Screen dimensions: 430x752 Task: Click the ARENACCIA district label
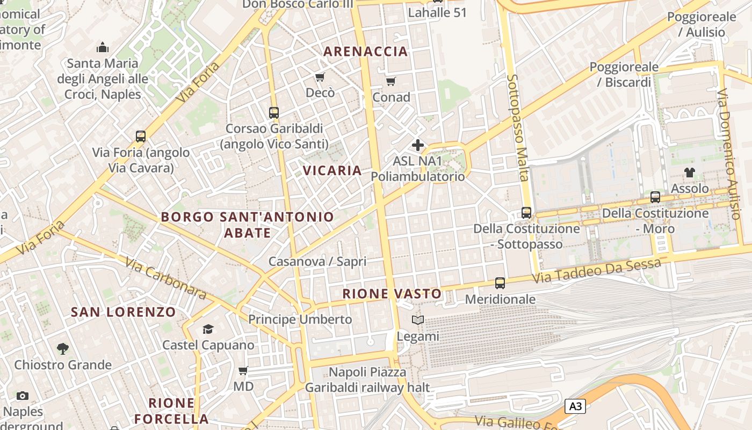[x=365, y=52]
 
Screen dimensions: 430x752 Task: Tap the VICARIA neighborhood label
[x=332, y=171]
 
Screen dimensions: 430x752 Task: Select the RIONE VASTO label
[x=392, y=294]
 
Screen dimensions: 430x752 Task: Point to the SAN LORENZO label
[x=124, y=312]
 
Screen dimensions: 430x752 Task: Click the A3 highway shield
[x=575, y=406]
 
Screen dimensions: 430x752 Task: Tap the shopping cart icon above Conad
[x=391, y=82]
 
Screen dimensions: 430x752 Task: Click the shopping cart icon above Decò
[x=320, y=77]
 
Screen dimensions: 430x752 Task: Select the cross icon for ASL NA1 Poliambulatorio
[x=418, y=145]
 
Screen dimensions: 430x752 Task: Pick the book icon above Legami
[x=418, y=320]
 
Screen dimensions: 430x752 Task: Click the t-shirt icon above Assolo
[x=690, y=173]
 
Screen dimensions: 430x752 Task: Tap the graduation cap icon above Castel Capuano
[x=208, y=329]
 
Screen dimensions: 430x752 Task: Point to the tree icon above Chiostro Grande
[x=63, y=349]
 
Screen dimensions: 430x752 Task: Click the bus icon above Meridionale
[x=500, y=283]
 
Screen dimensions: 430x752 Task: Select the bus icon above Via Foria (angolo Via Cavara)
[x=141, y=137]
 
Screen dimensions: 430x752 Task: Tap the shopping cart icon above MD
[x=243, y=370]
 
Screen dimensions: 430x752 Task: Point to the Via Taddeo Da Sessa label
[x=596, y=271]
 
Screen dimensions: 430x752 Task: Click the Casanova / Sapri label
[x=317, y=262]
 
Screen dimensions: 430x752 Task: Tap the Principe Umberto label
[x=300, y=319]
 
